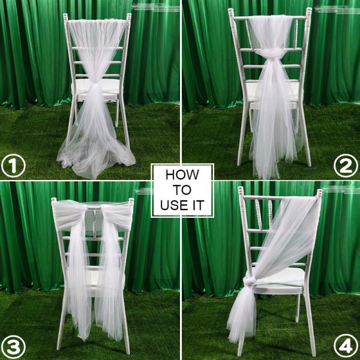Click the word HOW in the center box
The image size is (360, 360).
[182, 176]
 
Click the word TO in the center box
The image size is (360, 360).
[182, 190]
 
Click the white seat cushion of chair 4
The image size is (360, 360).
[282, 277]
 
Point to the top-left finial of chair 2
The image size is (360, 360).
[231, 12]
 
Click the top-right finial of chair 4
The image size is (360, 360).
[319, 193]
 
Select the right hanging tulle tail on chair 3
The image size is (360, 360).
[110, 282]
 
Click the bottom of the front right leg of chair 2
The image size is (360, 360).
[308, 163]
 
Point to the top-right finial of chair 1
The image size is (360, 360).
[129, 16]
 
